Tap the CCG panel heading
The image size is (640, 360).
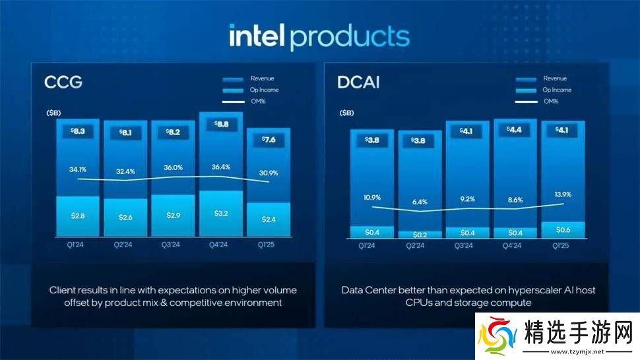click(63, 82)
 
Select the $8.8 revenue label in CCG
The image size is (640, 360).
click(220, 123)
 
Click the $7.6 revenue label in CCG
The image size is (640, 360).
click(268, 139)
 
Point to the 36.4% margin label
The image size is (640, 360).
click(220, 167)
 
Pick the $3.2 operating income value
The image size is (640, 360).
click(220, 213)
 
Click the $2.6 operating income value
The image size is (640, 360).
click(125, 217)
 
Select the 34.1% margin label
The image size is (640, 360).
click(78, 169)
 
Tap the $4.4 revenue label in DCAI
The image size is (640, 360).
click(515, 130)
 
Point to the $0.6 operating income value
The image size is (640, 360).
click(562, 229)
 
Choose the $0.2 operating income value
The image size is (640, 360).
click(420, 235)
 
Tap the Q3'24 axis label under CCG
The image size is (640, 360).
click(172, 245)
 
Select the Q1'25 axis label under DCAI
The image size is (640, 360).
click(562, 245)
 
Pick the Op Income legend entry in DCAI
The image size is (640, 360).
click(557, 90)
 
